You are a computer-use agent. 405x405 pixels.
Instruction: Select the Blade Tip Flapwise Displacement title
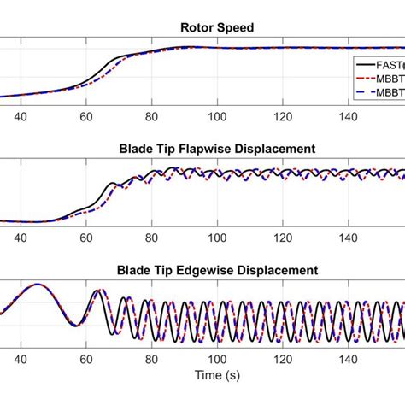217,149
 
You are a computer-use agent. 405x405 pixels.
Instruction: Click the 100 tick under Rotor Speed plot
217,119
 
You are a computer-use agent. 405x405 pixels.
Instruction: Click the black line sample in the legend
366,63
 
